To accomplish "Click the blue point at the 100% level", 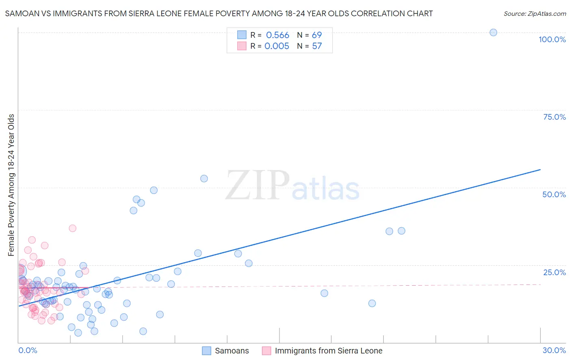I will [x=493, y=32].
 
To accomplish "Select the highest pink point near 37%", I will [x=72, y=228].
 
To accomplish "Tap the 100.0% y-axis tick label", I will [x=552, y=39].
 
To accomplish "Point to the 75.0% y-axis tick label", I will [x=554, y=117].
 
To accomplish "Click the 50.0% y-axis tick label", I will [x=554, y=194].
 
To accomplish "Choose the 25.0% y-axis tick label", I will [x=554, y=272].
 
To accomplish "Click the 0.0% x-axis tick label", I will [x=28, y=350].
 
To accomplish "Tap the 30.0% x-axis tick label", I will [x=554, y=350].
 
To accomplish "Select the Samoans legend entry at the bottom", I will [x=231, y=351].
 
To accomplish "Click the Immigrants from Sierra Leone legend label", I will [x=328, y=351].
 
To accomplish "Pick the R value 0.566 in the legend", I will [x=277, y=35].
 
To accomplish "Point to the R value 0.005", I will [x=277, y=46].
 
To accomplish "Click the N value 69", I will [x=317, y=35].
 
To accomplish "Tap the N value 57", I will [x=317, y=46].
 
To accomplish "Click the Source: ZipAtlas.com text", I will [x=534, y=13].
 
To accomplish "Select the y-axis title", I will [x=11, y=185].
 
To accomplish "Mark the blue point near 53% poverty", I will [x=204, y=179].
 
